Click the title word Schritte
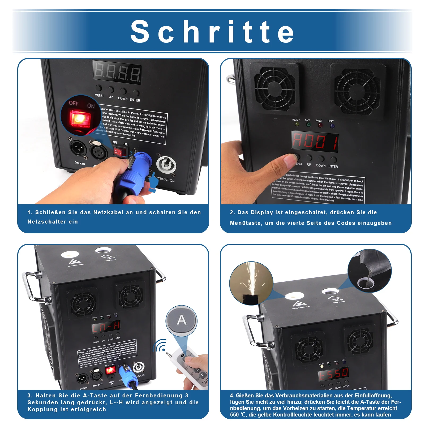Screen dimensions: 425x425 pos(212,31)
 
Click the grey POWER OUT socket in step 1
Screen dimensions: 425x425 pos(166,165)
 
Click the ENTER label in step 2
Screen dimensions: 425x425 pos(333,166)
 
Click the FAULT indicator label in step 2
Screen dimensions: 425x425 pos(319,121)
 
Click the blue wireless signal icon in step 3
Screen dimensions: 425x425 pos(160,345)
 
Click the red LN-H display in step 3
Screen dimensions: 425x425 pos(106,327)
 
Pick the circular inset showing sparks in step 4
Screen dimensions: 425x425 pos(251,283)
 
